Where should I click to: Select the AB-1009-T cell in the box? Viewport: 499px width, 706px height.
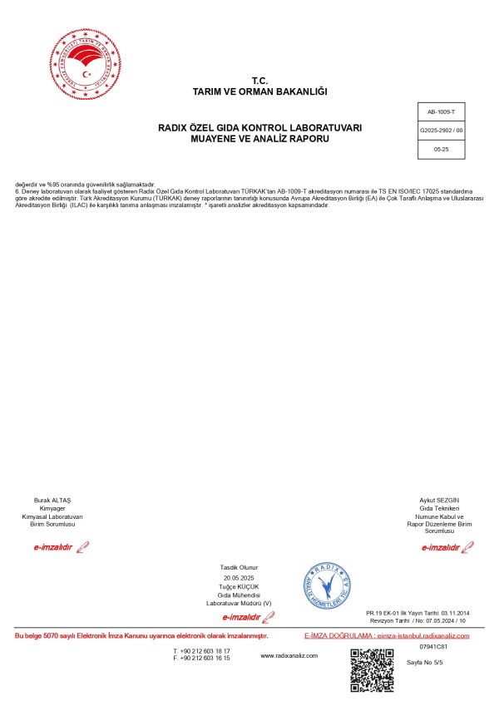pyautogui.click(x=441, y=111)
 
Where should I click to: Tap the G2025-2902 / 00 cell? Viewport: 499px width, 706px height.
pyautogui.click(x=441, y=131)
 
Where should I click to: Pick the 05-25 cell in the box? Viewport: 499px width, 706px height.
pyautogui.click(x=441, y=149)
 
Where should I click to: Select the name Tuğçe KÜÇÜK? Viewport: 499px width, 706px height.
pyautogui.click(x=240, y=586)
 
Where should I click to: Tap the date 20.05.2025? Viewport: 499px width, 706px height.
pyautogui.click(x=240, y=577)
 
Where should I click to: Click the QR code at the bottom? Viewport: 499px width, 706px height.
pyautogui.click(x=372, y=669)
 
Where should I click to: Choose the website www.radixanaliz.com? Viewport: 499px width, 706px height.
pyautogui.click(x=289, y=655)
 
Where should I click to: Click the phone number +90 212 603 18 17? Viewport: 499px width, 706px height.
pyautogui.click(x=205, y=650)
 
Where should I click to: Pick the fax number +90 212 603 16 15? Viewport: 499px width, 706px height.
pyautogui.click(x=205, y=658)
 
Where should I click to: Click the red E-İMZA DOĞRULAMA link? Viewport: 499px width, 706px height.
pyautogui.click(x=387, y=635)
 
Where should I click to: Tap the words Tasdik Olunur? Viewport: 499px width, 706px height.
pyautogui.click(x=240, y=567)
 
